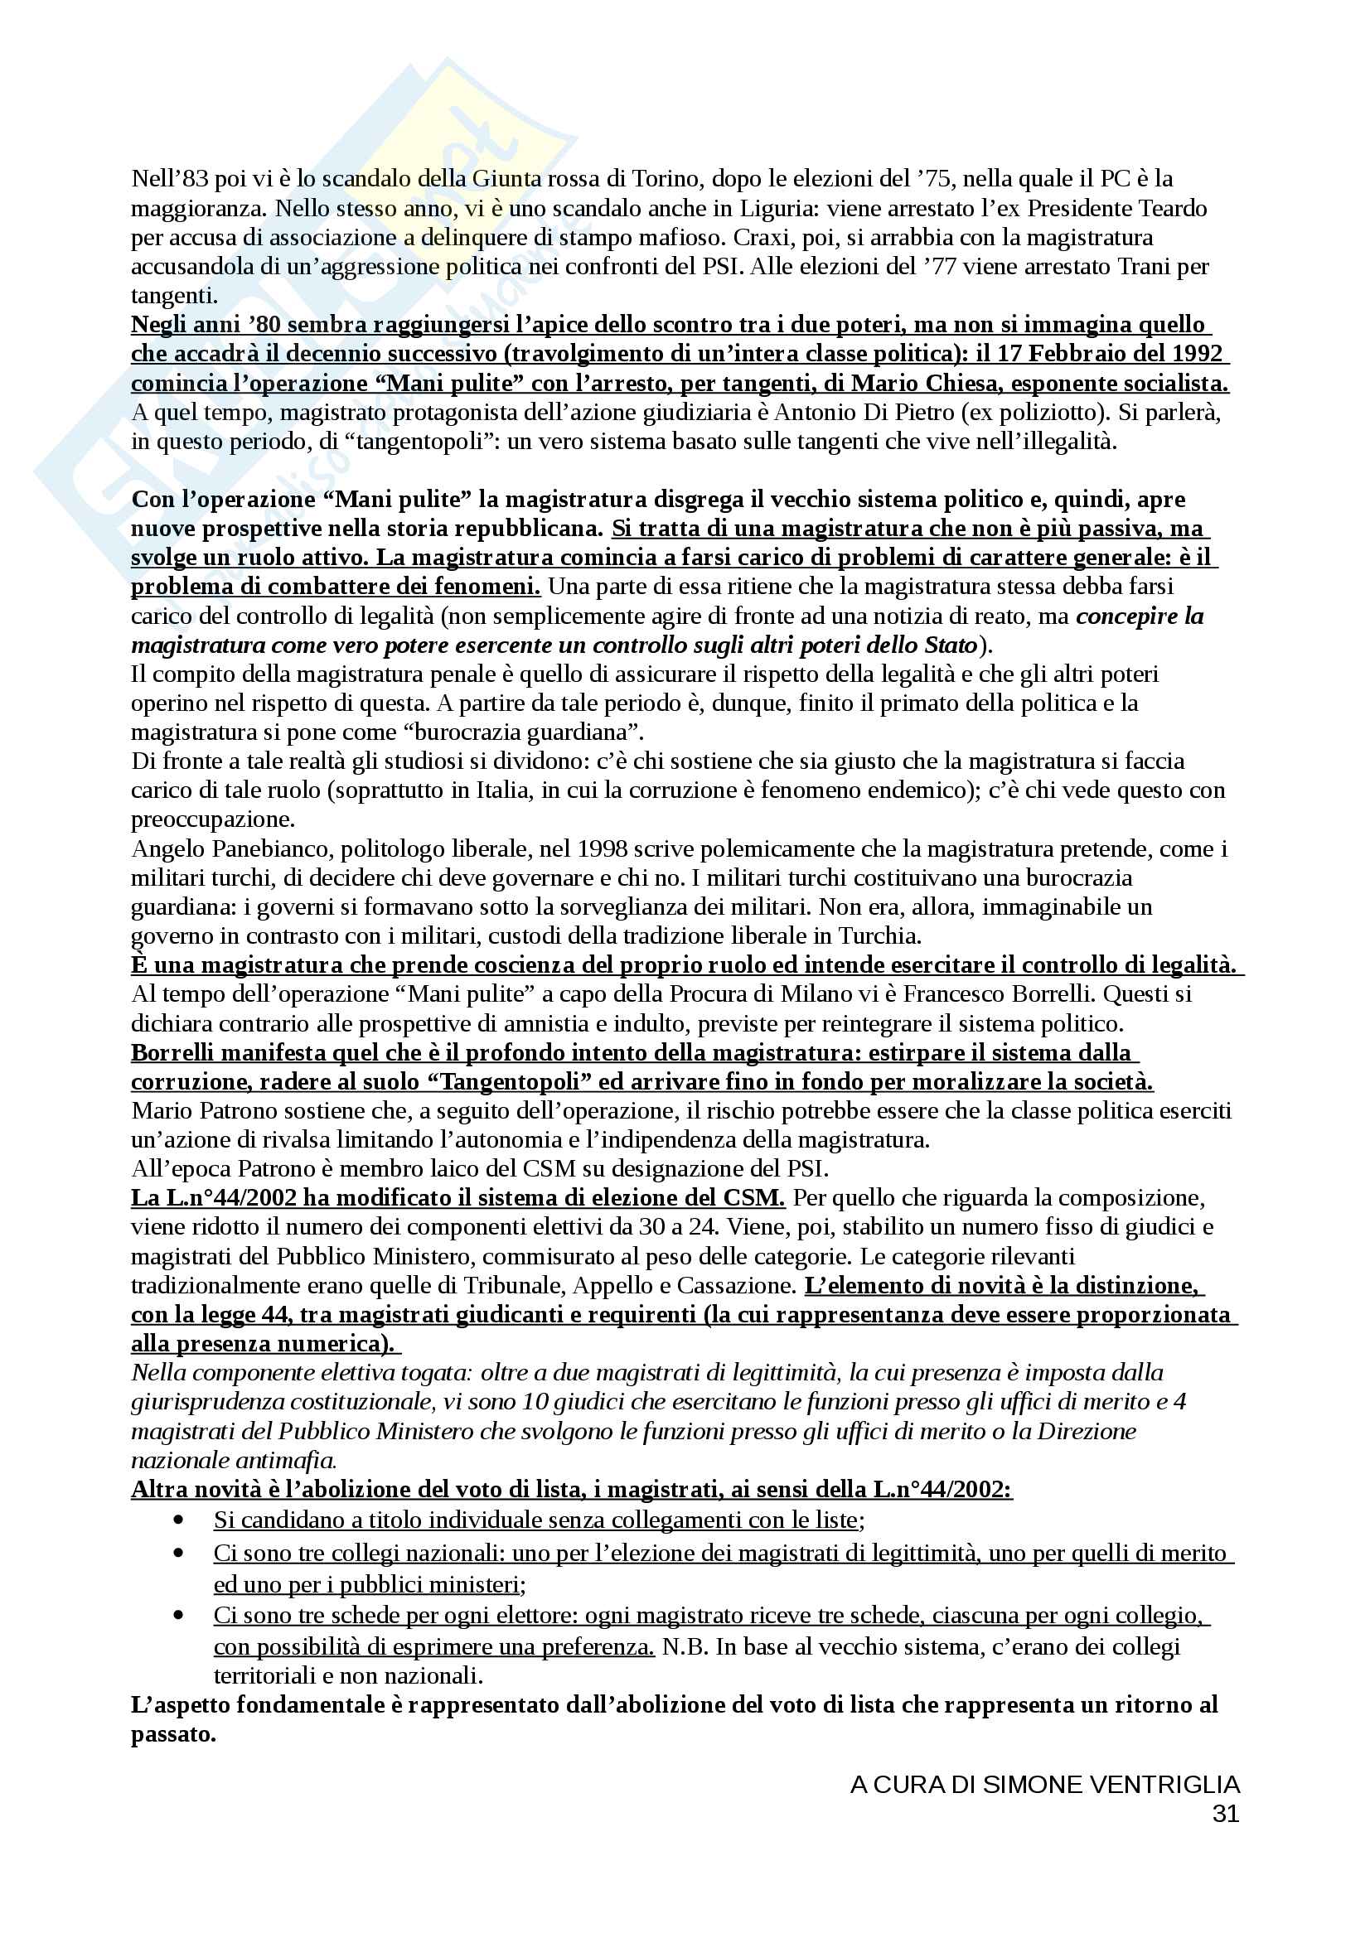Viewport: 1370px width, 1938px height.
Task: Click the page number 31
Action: (1226, 1813)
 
